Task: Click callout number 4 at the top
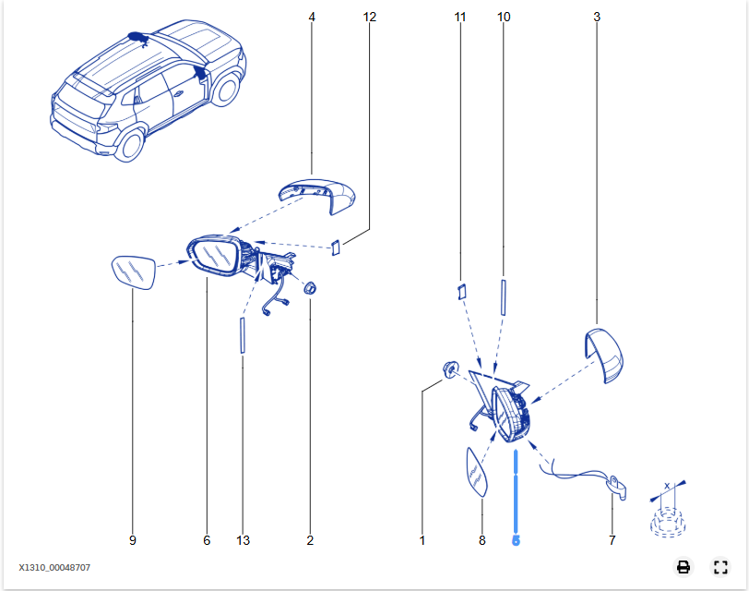tap(312, 18)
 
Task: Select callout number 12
tap(369, 18)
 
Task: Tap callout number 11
tap(459, 18)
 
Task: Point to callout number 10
tap(504, 18)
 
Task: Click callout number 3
tap(597, 18)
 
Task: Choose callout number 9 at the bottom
tap(133, 540)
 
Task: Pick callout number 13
tap(243, 540)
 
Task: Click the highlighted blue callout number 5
tap(516, 540)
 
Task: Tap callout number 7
tap(612, 540)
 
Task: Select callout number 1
tap(422, 540)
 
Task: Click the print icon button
tap(684, 567)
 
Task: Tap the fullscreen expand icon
tap(720, 567)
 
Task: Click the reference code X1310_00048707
tap(54, 568)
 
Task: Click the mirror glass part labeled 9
tap(134, 272)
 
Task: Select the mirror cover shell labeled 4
tap(317, 196)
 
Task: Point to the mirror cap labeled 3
tap(605, 355)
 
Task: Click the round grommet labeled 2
tap(311, 288)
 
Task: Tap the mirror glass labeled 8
tap(477, 473)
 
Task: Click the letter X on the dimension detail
tap(667, 487)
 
